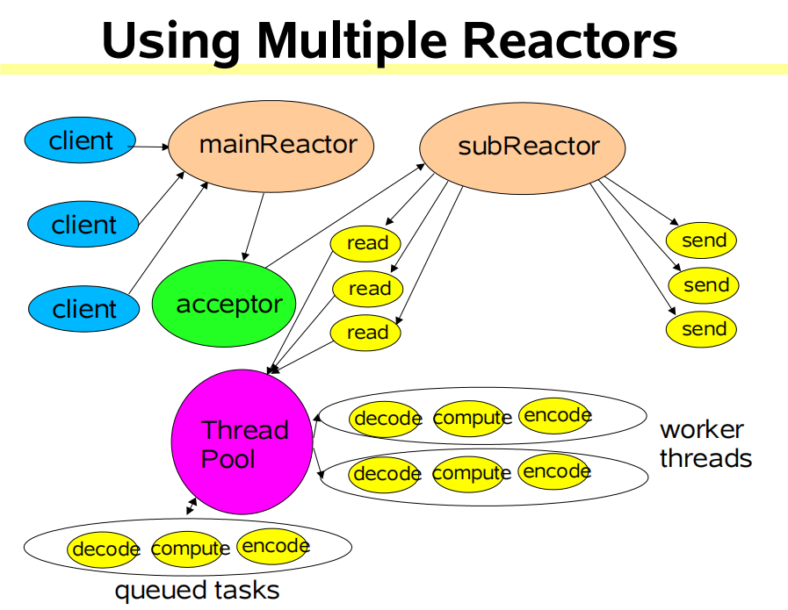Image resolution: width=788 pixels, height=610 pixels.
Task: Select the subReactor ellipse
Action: pos(522,147)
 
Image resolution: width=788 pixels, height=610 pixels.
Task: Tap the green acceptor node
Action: pos(228,305)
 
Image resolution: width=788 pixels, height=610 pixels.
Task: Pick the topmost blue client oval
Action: pos(81,140)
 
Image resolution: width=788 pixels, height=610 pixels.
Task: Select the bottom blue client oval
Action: pos(84,309)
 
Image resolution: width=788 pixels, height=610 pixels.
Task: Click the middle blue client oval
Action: pos(84,225)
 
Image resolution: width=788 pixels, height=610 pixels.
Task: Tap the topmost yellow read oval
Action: pos(365,243)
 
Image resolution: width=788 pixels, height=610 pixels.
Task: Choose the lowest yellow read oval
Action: pos(365,332)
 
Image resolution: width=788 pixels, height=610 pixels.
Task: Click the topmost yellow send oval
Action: pos(702,240)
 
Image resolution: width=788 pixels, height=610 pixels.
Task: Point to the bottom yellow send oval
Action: pos(702,329)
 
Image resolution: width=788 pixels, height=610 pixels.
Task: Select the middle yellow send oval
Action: pos(702,285)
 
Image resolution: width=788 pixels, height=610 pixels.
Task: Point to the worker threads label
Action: pos(705,443)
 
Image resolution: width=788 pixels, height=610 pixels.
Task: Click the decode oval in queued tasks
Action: pos(105,549)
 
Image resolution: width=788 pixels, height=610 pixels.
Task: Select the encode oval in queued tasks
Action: pos(273,546)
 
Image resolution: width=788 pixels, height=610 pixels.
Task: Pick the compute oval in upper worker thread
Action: pos(471,418)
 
